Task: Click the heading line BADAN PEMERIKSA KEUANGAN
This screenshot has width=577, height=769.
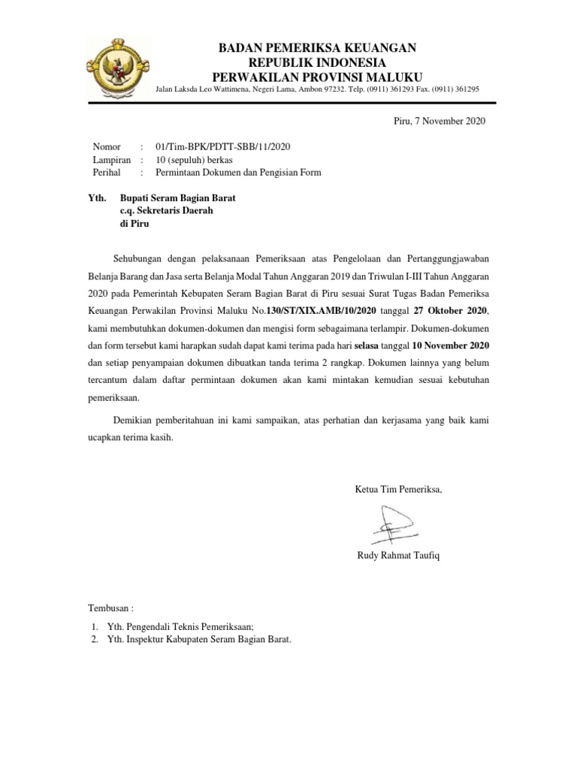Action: coord(316,48)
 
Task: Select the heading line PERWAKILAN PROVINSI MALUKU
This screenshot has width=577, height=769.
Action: coord(316,76)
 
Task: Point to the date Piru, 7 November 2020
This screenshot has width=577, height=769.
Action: coord(440,121)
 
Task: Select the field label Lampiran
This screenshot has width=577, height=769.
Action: coord(111,159)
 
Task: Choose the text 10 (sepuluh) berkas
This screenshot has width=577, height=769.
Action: coord(193,159)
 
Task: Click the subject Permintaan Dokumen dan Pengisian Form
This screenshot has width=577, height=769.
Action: coord(237,173)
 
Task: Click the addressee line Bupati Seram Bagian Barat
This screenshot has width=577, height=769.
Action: coord(173,198)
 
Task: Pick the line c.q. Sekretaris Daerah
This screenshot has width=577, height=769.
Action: coord(161,212)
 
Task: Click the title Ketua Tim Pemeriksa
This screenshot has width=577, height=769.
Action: coord(398,490)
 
